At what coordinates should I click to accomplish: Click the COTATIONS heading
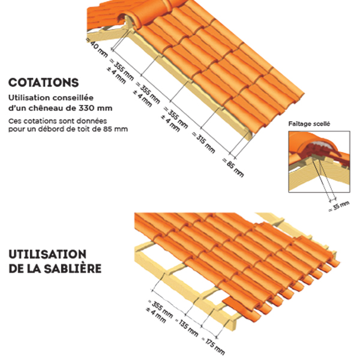click(44, 83)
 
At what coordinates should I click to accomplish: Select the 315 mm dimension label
click(203, 143)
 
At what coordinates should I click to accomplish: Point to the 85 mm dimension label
click(233, 168)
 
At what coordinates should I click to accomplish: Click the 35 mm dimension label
click(339, 206)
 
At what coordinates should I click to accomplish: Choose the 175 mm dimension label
click(213, 346)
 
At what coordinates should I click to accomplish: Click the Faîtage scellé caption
click(309, 124)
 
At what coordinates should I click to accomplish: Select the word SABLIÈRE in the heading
click(73, 269)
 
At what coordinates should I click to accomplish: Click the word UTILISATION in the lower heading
click(47, 254)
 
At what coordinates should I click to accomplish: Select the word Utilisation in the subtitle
click(29, 98)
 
